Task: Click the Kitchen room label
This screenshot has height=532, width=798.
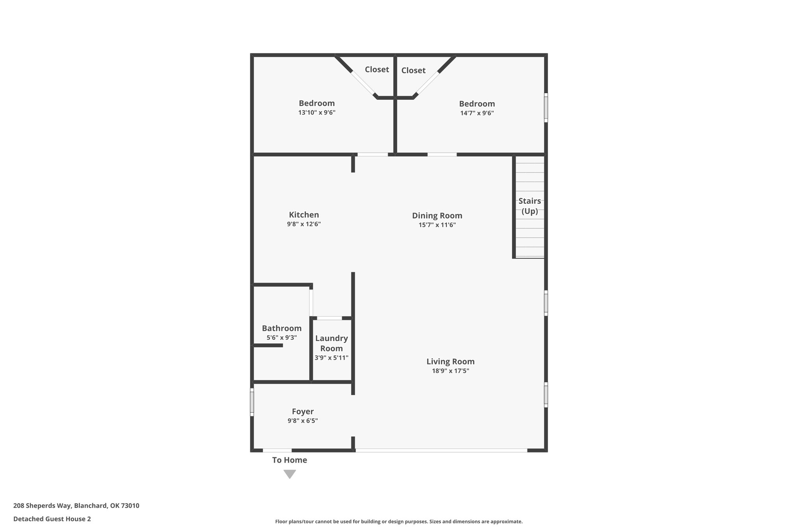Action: pyautogui.click(x=304, y=215)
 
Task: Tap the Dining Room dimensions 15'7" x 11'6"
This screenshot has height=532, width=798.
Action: pyautogui.click(x=437, y=225)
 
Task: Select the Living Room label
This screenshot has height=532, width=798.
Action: pyautogui.click(x=450, y=361)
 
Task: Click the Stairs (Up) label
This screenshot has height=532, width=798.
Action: pyautogui.click(x=530, y=206)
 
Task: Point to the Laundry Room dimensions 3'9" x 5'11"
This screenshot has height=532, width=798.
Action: pyautogui.click(x=332, y=358)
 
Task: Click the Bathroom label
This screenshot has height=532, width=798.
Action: pyautogui.click(x=282, y=328)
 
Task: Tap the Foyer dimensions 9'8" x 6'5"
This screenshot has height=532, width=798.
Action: pyautogui.click(x=303, y=421)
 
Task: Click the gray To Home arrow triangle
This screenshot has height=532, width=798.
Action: pyautogui.click(x=290, y=474)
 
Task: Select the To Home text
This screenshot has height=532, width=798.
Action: pyautogui.click(x=290, y=460)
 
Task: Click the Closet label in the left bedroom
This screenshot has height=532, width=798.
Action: pyautogui.click(x=377, y=69)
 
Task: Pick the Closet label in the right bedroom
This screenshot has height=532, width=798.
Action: pyautogui.click(x=413, y=71)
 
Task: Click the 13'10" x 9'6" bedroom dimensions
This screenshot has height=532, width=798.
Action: pyautogui.click(x=317, y=113)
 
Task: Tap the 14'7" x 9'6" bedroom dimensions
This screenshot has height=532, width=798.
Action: pyautogui.click(x=477, y=113)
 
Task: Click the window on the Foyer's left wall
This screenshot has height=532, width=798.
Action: pyautogui.click(x=252, y=402)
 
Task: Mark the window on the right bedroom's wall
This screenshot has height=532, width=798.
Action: pyautogui.click(x=546, y=108)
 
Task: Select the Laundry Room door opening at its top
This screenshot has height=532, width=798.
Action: pyautogui.click(x=330, y=318)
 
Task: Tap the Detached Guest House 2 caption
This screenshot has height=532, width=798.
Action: pyautogui.click(x=52, y=519)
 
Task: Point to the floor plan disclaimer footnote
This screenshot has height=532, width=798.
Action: pyautogui.click(x=399, y=521)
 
